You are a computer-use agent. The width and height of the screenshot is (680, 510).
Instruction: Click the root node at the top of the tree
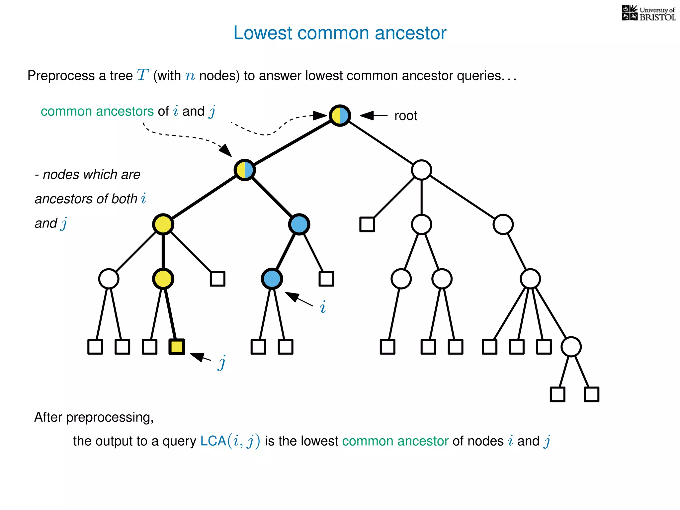340,115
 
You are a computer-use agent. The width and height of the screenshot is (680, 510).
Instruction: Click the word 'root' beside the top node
405,116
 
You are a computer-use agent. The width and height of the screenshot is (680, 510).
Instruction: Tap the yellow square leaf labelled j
176,347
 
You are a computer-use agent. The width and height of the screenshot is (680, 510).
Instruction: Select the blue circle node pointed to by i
272,279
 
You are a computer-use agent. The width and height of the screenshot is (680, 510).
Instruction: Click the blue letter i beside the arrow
323,307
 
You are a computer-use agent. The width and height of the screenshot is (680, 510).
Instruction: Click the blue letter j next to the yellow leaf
222,362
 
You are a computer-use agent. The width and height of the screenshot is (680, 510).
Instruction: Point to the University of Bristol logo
648,13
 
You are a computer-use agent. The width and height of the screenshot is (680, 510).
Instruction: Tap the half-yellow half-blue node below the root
245,170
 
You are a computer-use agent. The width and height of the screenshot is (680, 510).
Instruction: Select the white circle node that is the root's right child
421,170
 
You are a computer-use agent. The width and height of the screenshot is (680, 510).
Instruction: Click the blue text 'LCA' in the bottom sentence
213,441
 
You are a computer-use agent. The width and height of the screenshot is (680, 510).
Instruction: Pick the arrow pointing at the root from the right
374,116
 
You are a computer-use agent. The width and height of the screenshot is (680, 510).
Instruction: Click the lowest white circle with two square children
571,347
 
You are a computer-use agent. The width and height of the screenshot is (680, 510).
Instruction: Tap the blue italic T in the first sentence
142,75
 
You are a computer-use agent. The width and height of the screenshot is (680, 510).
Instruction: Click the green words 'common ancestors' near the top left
97,111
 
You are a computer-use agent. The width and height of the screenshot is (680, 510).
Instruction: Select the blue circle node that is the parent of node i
299,224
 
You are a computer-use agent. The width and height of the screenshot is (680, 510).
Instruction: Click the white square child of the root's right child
367,224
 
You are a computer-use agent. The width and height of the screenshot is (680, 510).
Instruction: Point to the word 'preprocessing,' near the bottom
110,417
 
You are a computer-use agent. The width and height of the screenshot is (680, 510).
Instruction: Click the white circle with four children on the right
530,279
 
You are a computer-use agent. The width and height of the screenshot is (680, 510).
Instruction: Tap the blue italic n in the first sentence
190,76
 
